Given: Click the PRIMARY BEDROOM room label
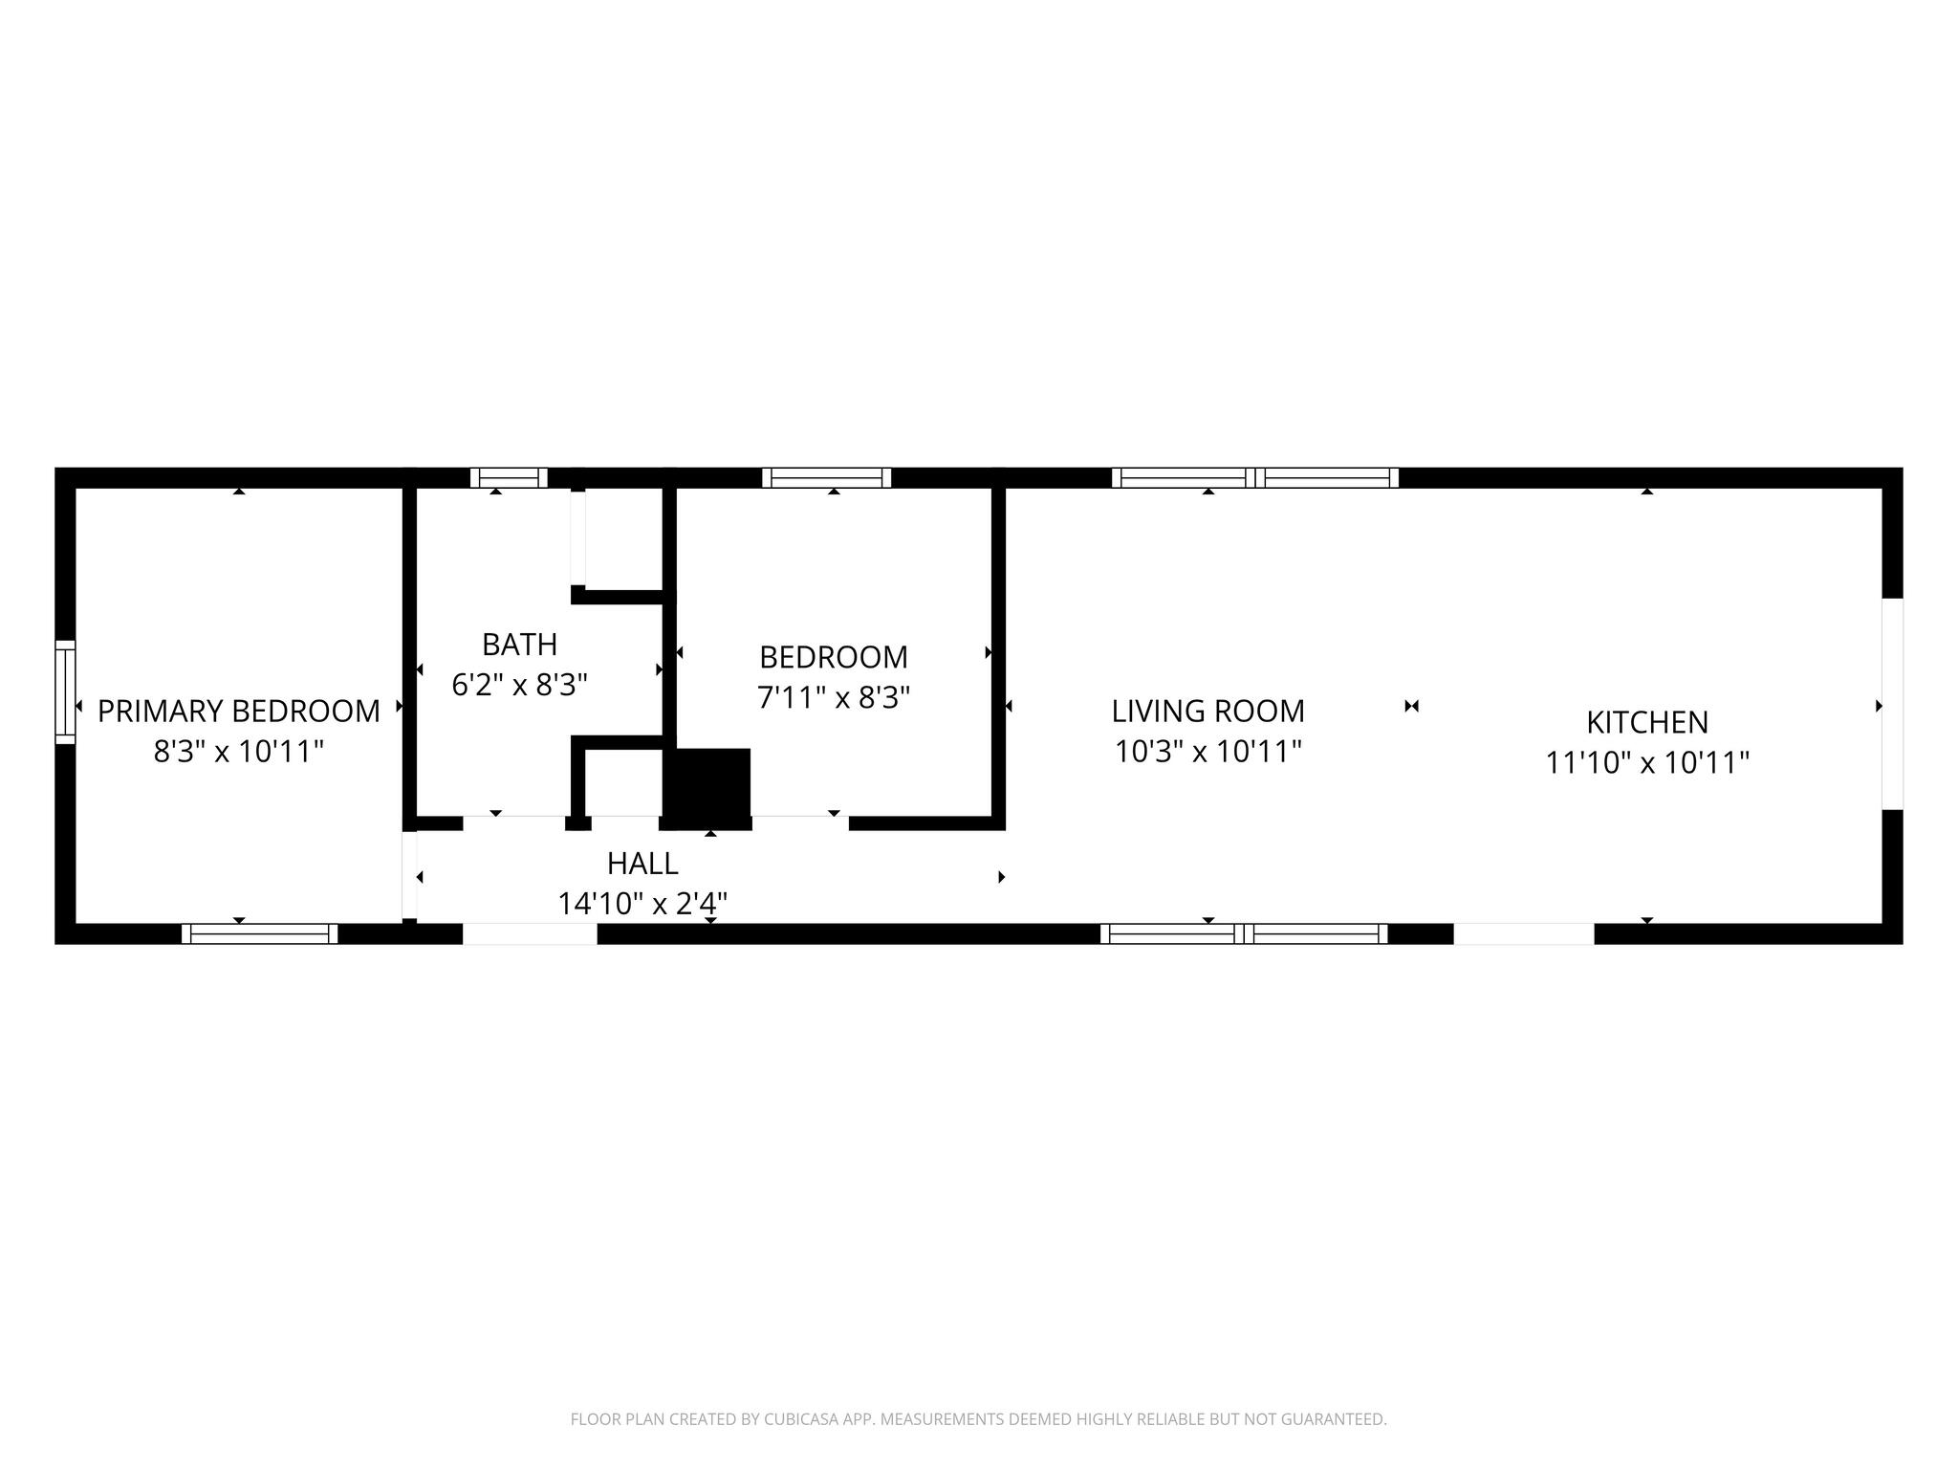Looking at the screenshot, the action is pyautogui.click(x=239, y=711).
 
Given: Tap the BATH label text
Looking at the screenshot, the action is pyautogui.click(x=519, y=645).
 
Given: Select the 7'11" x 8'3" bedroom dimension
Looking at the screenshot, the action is pyautogui.click(x=834, y=697).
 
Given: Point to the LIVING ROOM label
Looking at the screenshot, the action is pyautogui.click(x=1207, y=711).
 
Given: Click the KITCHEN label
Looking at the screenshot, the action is pyautogui.click(x=1647, y=722).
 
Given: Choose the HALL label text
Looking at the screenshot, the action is pyautogui.click(x=642, y=864).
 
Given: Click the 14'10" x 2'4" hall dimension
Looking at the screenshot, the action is pyautogui.click(x=642, y=903).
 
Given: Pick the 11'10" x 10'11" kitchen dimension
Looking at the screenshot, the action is pyautogui.click(x=1647, y=762).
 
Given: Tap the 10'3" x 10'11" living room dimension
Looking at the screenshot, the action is pyautogui.click(x=1207, y=752).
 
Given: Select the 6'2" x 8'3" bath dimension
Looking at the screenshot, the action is pyautogui.click(x=519, y=685).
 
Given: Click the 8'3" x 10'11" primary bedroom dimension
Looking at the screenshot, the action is pyautogui.click(x=239, y=752).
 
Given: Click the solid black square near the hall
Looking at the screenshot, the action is pyautogui.click(x=707, y=788).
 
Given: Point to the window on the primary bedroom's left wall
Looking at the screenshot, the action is pyautogui.click(x=65, y=691).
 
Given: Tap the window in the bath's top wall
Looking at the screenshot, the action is pyautogui.click(x=509, y=477).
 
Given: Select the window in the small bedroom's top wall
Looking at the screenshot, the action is pyautogui.click(x=826, y=477).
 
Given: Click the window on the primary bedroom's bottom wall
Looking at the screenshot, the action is pyautogui.click(x=259, y=933).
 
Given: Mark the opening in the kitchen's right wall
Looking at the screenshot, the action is pyautogui.click(x=1892, y=704).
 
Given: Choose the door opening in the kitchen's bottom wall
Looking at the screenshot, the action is pyautogui.click(x=1524, y=933).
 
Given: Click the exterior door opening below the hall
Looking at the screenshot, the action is pyautogui.click(x=530, y=933).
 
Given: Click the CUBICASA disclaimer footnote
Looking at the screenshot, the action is pyautogui.click(x=978, y=1419).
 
